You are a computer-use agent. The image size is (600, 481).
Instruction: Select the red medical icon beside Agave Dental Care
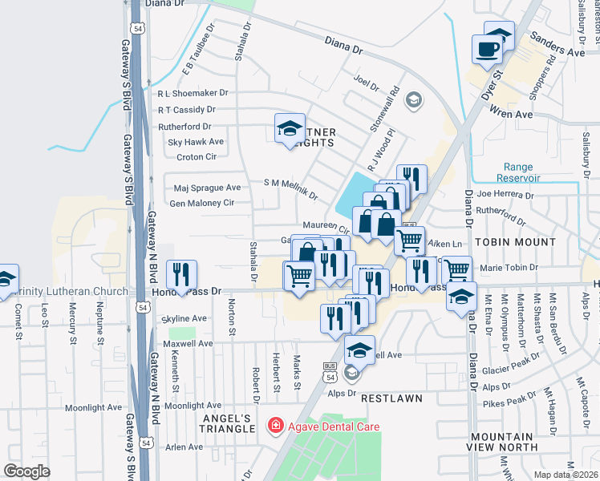pyautogui.click(x=275, y=426)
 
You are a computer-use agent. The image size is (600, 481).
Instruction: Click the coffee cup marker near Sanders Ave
pyautogui.click(x=488, y=50)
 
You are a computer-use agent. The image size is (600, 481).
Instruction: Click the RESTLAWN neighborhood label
pyautogui.click(x=391, y=398)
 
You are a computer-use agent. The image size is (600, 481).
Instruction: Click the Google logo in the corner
pyautogui.click(x=27, y=471)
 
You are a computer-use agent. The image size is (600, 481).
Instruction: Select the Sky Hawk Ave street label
pyautogui.click(x=195, y=142)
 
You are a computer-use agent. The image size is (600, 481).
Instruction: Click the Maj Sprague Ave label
pyautogui.click(x=207, y=188)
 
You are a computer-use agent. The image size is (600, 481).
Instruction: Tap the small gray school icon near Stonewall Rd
pyautogui.click(x=413, y=99)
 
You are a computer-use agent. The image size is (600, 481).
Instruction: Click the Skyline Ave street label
pyautogui.click(x=184, y=318)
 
